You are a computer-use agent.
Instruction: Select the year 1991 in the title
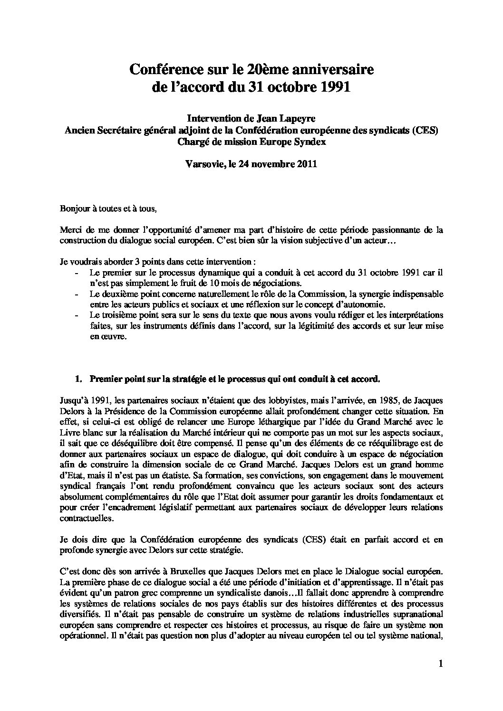point(335,87)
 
